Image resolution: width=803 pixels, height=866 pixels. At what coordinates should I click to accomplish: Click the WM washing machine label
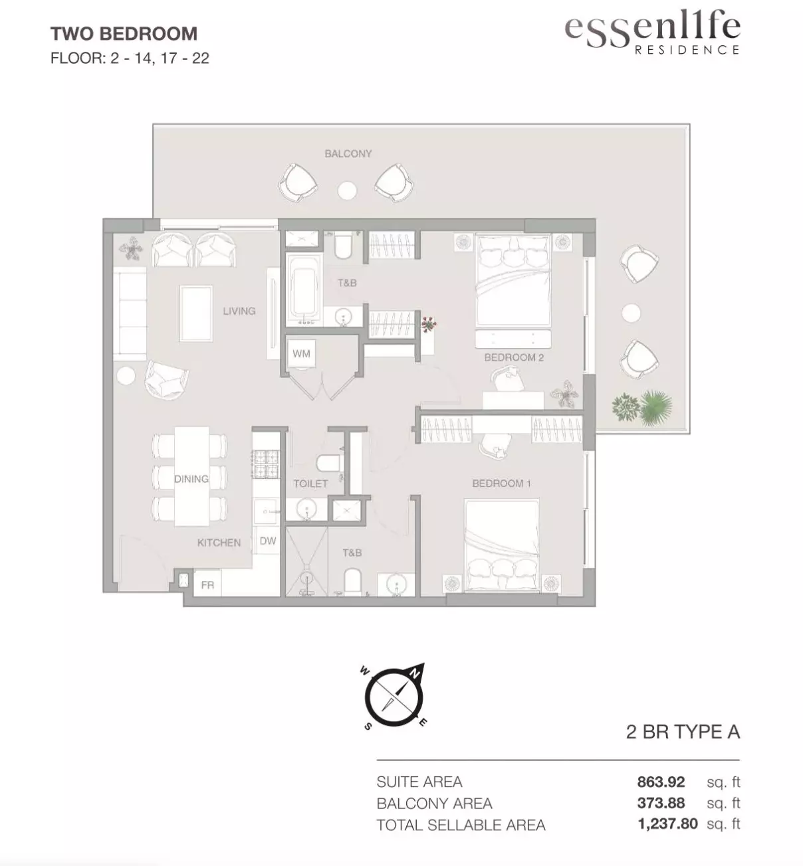(301, 353)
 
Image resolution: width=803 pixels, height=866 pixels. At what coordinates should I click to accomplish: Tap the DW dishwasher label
(268, 541)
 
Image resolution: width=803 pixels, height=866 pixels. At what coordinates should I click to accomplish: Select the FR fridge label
(207, 585)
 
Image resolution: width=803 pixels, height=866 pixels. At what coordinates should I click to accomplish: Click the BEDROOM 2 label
(514, 357)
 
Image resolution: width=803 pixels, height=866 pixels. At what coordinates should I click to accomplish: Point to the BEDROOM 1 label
(501, 483)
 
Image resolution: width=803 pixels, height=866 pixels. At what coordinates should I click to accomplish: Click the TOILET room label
(310, 483)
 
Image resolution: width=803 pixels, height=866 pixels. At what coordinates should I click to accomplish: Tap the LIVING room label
(239, 311)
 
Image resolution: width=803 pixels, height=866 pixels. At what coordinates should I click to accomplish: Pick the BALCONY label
(348, 153)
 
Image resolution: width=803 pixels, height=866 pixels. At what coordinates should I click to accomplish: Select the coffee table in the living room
(196, 313)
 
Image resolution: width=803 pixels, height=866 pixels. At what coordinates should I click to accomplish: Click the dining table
(191, 476)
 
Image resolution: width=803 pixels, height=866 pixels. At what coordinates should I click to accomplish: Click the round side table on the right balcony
(631, 313)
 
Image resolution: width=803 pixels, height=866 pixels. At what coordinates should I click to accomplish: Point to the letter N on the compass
(415, 673)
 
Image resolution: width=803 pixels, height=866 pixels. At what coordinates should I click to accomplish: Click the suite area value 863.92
(661, 782)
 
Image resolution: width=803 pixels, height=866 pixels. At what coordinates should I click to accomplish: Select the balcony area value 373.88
(661, 803)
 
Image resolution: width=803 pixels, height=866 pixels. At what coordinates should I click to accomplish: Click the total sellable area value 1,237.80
(667, 823)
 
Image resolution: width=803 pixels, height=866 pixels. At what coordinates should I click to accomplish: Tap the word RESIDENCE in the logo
(687, 50)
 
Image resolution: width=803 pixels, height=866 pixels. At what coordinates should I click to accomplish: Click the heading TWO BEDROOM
(124, 34)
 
